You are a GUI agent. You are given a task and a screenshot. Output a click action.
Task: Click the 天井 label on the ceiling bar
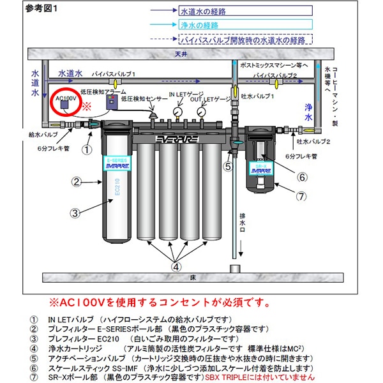(183, 54)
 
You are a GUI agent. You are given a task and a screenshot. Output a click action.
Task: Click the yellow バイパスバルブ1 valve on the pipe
(114, 83)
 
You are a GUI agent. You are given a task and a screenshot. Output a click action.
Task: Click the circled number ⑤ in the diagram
(227, 167)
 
